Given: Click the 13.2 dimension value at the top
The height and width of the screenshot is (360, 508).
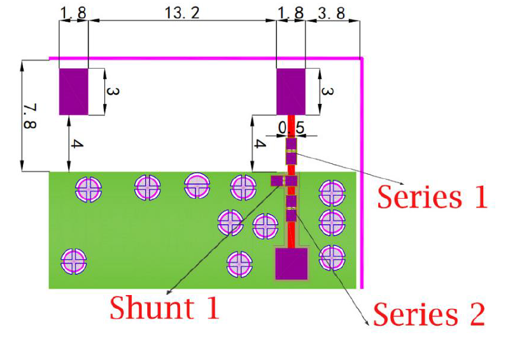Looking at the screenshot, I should tap(182, 12).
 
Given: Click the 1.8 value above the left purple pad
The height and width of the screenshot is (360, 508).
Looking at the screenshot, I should tap(73, 12).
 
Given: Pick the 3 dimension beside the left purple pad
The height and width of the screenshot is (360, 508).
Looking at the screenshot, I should tap(112, 92).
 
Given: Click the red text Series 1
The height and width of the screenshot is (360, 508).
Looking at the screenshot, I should tap(432, 197).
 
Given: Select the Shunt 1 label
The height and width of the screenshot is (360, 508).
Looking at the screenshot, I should tap(164, 308).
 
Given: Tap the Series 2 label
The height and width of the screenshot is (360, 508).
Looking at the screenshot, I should tap(428, 314).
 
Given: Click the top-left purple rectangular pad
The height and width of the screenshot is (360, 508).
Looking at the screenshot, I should tap(73, 92).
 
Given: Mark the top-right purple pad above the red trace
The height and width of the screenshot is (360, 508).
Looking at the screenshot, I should tap(291, 92).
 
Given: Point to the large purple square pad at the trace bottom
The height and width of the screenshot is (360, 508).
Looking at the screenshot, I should tap(291, 264).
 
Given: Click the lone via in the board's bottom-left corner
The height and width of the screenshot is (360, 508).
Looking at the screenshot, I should tap(74, 261).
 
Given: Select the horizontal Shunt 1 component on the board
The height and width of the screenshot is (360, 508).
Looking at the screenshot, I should tap(285, 181).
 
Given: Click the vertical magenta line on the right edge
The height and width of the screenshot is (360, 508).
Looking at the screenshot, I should tap(362, 172).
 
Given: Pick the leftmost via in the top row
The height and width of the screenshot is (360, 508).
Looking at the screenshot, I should tap(88, 188).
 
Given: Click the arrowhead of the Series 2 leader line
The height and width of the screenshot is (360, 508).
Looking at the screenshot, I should tap(367, 324).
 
